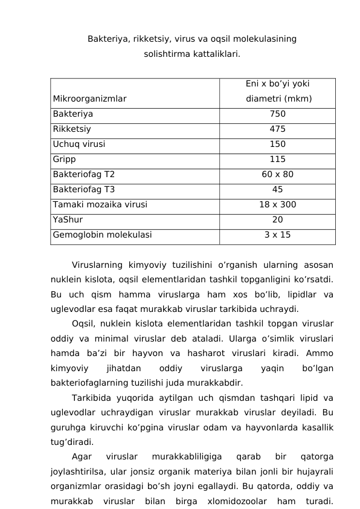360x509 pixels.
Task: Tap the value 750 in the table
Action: coord(277,114)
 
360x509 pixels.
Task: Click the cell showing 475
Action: coord(277,129)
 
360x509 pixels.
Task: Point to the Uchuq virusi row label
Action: coord(79,144)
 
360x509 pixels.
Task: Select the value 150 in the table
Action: coord(277,144)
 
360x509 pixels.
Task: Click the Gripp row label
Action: coord(65,160)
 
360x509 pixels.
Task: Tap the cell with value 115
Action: coord(277,160)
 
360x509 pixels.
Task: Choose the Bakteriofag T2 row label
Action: coord(84,175)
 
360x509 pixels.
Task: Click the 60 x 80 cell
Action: coord(277,175)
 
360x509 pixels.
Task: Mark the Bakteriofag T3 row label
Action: coord(84,190)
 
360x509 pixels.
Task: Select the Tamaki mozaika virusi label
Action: coord(100,205)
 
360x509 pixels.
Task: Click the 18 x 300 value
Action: coord(277,205)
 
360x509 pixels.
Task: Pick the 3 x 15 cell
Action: coord(277,235)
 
